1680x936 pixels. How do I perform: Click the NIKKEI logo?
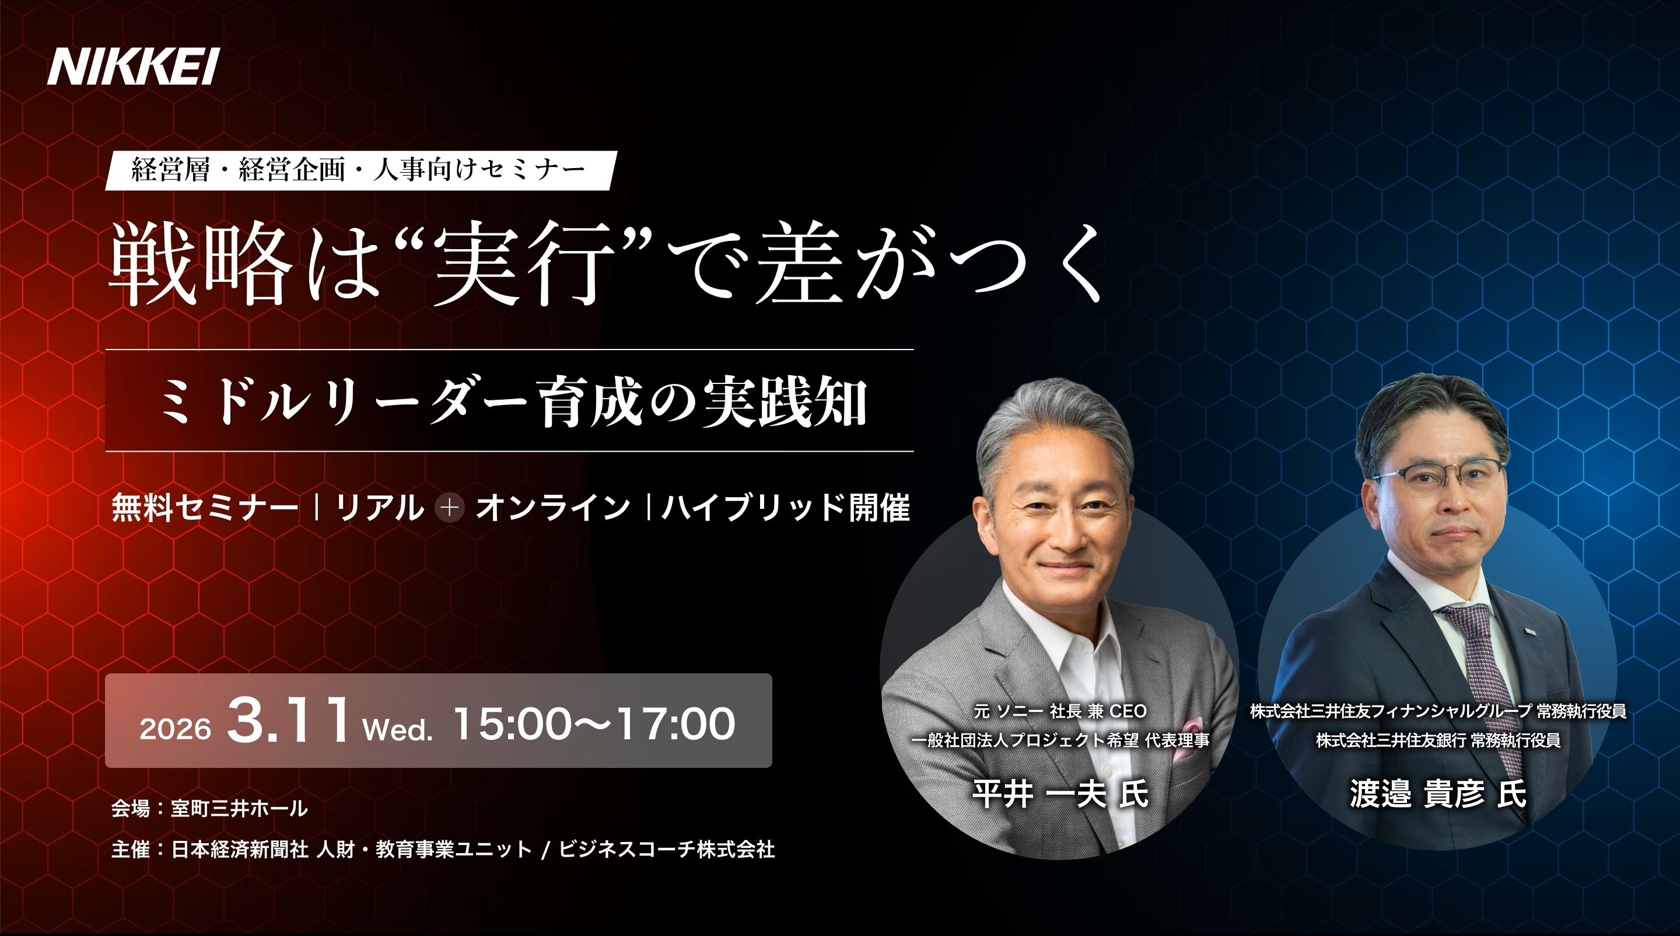click(133, 67)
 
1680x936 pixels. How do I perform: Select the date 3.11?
click(288, 721)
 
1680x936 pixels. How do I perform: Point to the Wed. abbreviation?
click(398, 729)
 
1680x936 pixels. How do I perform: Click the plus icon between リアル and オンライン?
click(450, 508)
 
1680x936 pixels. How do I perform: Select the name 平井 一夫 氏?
click(1060, 794)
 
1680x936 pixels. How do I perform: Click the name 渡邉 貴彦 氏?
click(1438, 794)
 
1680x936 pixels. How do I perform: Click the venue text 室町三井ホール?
click(239, 809)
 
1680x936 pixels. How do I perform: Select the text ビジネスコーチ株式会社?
click(667, 849)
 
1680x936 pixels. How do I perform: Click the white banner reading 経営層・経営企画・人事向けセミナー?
click(360, 170)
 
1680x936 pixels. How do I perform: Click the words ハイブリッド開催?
click(785, 508)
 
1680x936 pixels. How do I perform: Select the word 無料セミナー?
click(205, 508)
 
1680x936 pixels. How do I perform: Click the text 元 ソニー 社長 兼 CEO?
click(1060, 711)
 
